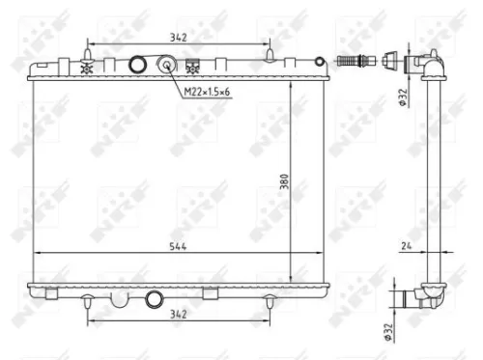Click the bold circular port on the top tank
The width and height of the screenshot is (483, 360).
tap(138, 66)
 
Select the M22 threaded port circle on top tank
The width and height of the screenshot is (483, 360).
tap(167, 66)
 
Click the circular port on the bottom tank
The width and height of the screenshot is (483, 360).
tap(153, 298)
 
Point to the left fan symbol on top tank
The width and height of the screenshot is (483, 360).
tap(88, 68)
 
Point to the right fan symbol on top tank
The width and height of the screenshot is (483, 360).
tap(194, 68)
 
